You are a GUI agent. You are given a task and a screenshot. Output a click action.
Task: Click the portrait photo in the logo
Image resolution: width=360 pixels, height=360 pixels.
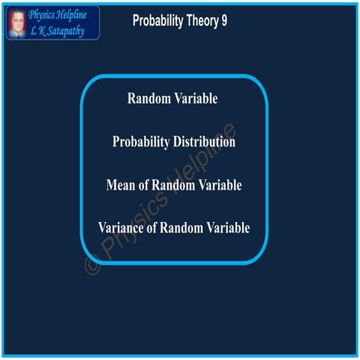pyautogui.click(x=16, y=22)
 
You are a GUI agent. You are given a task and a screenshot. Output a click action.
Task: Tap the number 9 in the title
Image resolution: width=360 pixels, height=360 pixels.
pyautogui.click(x=223, y=21)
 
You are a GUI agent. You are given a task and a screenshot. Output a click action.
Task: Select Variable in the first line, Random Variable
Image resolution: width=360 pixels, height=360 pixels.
pyautogui.click(x=197, y=98)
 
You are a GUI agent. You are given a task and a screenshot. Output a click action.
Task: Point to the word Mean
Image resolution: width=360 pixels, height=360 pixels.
pyautogui.click(x=121, y=184)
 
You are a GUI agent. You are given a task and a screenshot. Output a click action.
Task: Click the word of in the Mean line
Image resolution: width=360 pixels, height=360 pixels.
pyautogui.click(x=146, y=184)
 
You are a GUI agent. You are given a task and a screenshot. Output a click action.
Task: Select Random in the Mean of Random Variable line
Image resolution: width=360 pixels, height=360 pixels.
pyautogui.click(x=175, y=184)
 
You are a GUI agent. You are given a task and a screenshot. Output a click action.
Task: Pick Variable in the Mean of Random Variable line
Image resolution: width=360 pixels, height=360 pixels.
pyautogui.click(x=220, y=184)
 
